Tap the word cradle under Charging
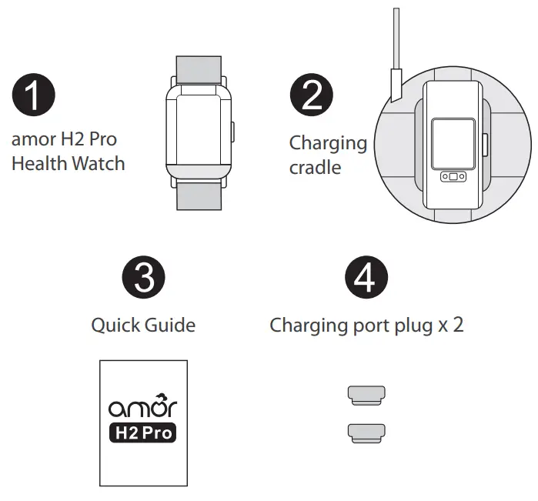[x=315, y=167]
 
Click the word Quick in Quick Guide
[x=116, y=325]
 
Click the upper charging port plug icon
[x=365, y=396]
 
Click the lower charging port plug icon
[x=365, y=433]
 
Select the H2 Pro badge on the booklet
[x=142, y=433]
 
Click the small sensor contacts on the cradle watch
[x=453, y=178]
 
